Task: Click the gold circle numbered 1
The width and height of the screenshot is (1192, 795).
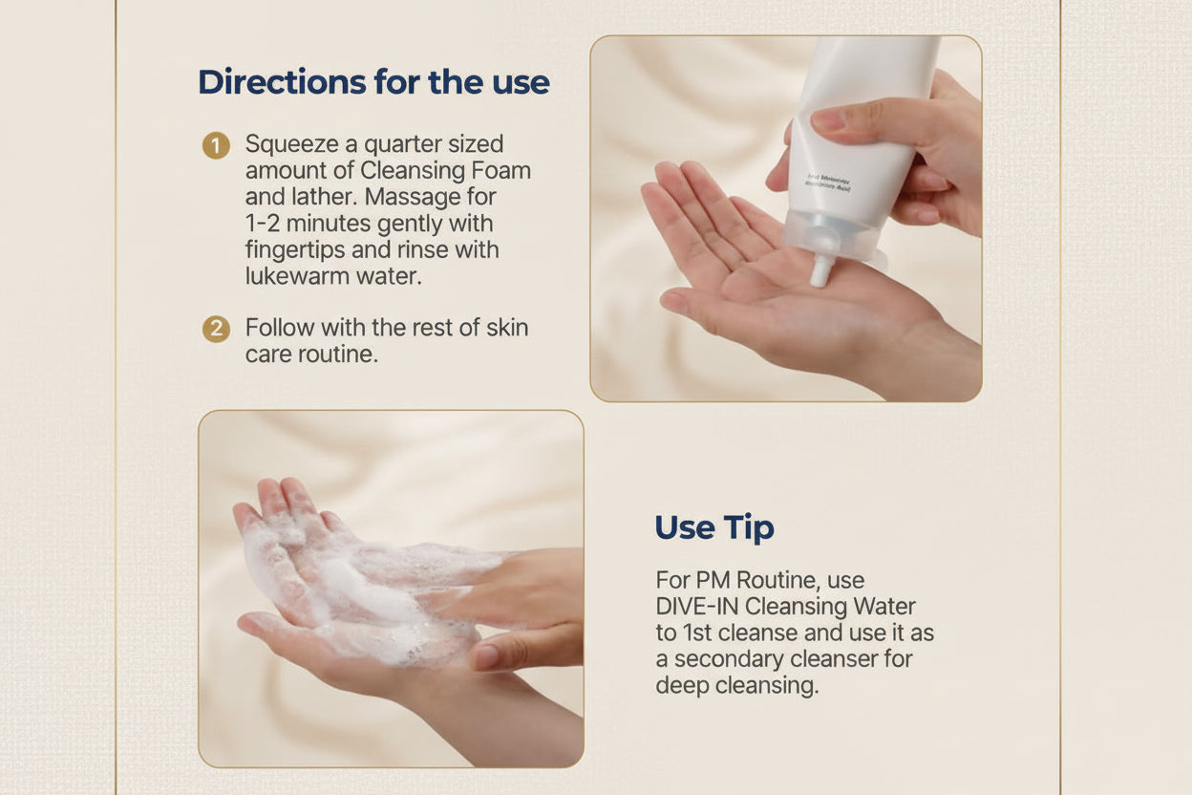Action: [x=216, y=146]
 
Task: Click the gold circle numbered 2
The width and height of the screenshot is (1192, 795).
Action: [x=216, y=330]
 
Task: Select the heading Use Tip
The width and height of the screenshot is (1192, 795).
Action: [x=713, y=527]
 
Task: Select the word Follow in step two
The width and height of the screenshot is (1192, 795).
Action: [x=279, y=328]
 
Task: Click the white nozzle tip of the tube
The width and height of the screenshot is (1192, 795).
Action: [x=819, y=272]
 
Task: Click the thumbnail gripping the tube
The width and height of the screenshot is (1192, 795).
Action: [x=827, y=120]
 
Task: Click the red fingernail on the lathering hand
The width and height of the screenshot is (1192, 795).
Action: [x=486, y=656]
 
